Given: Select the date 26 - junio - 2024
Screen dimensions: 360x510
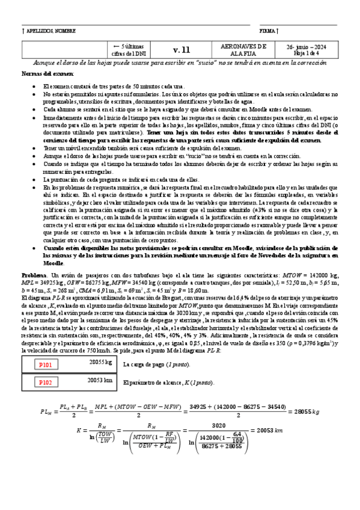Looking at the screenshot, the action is (x=307, y=46).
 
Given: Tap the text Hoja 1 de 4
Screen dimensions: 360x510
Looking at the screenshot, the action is (x=307, y=53).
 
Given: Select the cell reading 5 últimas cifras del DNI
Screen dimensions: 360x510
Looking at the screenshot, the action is (x=130, y=50).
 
